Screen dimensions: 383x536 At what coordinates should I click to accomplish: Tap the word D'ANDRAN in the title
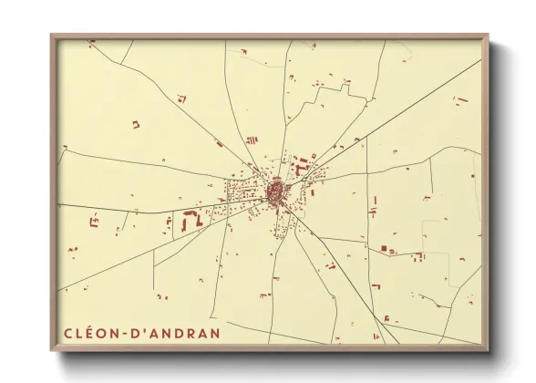pyautogui.click(x=178, y=332)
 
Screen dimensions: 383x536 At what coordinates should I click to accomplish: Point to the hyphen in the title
pyautogui.click(x=127, y=333)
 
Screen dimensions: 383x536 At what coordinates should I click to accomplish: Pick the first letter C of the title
pyautogui.click(x=68, y=332)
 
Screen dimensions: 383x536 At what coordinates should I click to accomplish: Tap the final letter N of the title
pyautogui.click(x=214, y=332)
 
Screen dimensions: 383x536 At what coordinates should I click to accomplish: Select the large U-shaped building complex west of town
pyautogui.click(x=191, y=220)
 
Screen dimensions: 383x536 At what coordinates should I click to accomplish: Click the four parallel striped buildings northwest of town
pyautogui.click(x=251, y=140)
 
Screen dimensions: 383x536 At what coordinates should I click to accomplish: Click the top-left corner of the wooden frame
pyautogui.click(x=52, y=36)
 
